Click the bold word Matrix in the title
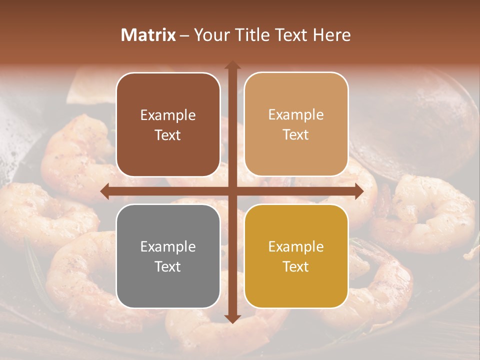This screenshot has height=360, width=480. [148, 35]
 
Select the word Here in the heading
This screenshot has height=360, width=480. [332, 35]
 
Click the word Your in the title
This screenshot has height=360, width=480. [209, 35]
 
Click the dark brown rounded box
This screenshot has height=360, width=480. [168, 124]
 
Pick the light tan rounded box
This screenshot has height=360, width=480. [296, 124]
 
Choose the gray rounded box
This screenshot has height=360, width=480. [168, 256]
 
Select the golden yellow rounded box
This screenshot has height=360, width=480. [296, 256]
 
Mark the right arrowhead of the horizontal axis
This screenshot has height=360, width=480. [359, 191]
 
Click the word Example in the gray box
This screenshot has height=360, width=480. [168, 246]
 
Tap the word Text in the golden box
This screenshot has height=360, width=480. [296, 266]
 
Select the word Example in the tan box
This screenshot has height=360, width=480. [296, 115]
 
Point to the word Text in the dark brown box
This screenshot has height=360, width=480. [168, 135]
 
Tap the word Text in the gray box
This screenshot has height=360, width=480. [168, 266]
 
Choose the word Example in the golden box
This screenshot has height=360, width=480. [296, 246]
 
